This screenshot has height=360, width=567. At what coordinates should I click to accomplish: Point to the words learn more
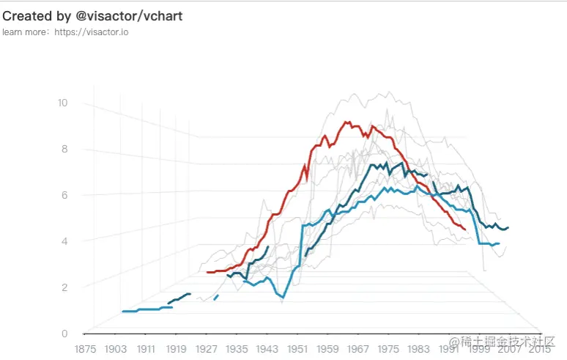pos(23,32)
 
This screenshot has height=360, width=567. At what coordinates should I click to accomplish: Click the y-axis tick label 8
pos(64,149)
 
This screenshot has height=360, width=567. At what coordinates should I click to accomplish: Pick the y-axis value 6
pos(64,195)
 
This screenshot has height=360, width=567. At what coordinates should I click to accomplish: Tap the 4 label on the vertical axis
pos(64,241)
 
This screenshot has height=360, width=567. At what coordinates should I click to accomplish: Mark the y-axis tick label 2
pos(64,287)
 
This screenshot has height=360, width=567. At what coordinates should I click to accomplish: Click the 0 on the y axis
pos(64,333)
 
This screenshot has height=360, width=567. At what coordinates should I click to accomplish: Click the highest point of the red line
pos(346,122)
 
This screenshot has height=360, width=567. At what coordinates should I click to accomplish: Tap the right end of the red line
pos(464,229)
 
